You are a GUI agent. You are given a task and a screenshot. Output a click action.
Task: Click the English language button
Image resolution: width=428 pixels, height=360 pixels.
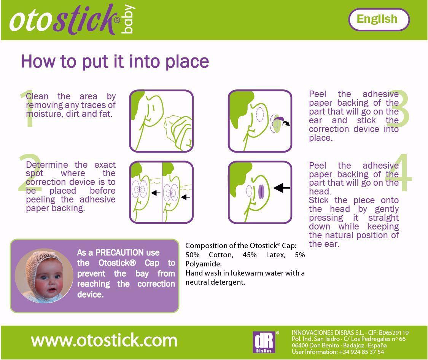(379, 19)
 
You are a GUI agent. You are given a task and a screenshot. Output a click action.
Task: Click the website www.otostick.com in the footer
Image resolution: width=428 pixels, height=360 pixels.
(104, 340)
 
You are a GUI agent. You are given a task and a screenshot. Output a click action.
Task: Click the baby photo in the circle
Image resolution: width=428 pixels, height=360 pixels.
(44, 276)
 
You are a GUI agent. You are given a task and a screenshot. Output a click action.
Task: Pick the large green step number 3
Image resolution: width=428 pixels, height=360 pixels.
(398, 109)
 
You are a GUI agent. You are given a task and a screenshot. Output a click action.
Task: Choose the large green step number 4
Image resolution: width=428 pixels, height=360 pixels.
(399, 174)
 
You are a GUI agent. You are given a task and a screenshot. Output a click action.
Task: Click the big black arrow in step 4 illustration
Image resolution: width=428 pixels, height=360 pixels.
(282, 188)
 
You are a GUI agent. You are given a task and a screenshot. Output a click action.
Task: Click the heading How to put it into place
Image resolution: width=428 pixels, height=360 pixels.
(115, 61)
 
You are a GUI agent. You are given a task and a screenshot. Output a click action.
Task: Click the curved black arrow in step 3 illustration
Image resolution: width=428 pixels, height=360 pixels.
(285, 123)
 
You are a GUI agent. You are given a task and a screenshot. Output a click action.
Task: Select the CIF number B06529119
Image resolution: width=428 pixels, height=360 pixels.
(393, 333)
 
